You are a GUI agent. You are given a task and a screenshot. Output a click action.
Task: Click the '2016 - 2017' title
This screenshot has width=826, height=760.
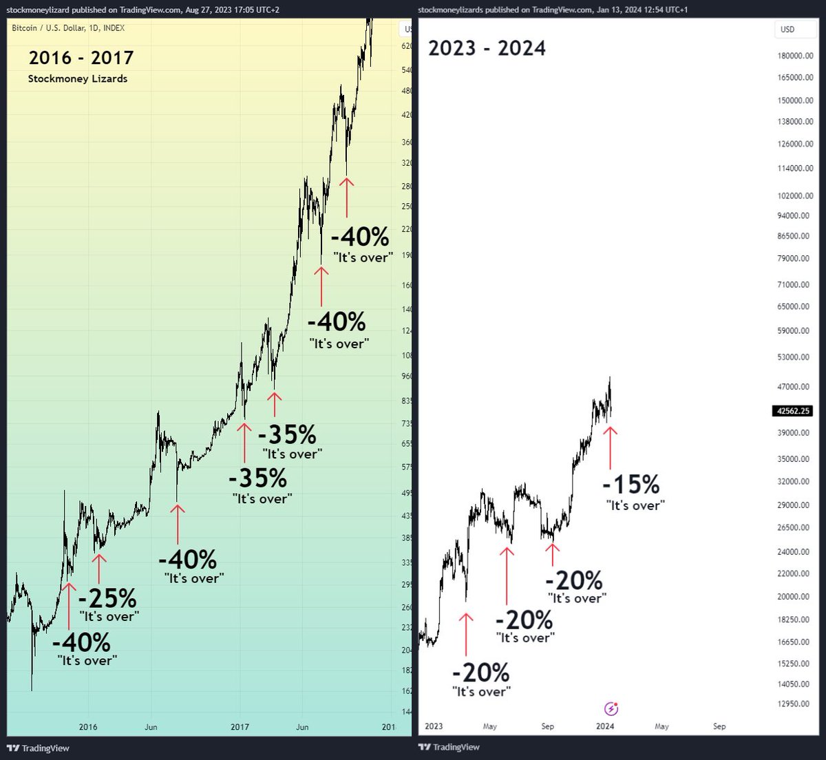pos(81,58)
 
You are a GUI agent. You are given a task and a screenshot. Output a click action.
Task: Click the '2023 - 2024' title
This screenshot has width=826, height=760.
pos(487,48)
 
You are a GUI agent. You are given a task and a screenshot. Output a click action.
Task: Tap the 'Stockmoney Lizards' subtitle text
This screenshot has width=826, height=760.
pos(78,78)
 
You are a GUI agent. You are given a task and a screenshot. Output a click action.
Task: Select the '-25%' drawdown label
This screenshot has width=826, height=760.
pos(107,598)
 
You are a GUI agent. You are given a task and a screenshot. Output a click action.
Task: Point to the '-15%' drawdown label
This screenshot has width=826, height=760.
pos(631,485)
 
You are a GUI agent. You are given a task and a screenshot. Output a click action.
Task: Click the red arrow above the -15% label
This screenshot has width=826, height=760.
pos(610,447)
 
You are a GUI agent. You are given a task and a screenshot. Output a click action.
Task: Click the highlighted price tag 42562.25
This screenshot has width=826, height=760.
pos(792,411)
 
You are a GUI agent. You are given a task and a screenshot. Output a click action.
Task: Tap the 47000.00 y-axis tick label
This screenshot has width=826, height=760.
pos(796,387)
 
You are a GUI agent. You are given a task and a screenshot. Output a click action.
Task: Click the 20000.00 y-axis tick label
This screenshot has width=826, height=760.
pos(796,597)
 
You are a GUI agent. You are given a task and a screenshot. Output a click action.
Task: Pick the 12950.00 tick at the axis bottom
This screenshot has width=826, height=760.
pos(796,704)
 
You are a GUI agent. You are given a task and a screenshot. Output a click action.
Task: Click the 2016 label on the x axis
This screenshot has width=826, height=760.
pos(88,727)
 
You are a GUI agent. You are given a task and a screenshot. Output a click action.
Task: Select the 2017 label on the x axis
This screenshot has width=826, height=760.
pos(240,727)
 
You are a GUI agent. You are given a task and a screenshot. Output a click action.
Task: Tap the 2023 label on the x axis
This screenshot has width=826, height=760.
pos(434,726)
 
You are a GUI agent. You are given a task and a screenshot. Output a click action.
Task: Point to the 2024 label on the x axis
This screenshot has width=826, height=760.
pos(605,726)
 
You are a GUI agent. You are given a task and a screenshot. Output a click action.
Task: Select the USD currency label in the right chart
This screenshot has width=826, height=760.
pos(787,29)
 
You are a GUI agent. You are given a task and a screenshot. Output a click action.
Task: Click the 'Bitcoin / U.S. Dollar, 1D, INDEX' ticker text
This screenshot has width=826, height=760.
pos(68,28)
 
